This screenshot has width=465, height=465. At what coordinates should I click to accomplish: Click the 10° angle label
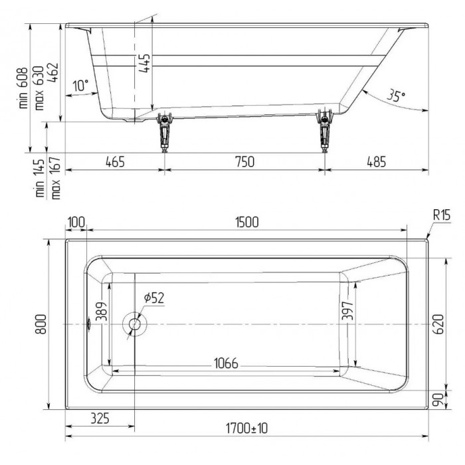coord(80,86)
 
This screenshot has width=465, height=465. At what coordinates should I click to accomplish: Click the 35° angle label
coord(396,96)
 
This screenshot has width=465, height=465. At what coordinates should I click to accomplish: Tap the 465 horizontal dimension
coord(114,161)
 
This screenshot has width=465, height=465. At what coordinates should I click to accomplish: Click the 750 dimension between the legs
coord(244,161)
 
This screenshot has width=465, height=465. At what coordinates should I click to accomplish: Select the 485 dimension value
coord(375,161)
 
